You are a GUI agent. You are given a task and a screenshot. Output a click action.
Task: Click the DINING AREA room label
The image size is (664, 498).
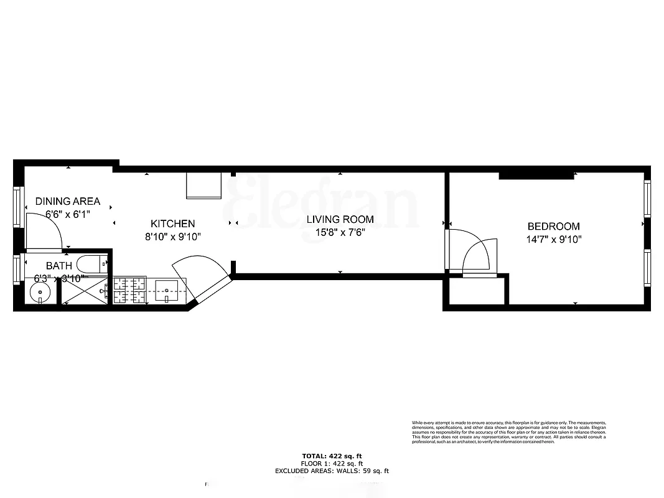coord(67,201)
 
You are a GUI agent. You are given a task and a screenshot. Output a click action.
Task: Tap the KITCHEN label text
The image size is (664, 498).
coord(172,223)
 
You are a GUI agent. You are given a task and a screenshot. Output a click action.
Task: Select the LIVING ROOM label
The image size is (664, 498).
coord(340,219)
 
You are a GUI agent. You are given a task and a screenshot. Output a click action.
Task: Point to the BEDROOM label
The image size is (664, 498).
coord(553,227)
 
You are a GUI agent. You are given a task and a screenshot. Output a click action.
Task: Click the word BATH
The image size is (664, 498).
coord(58,266)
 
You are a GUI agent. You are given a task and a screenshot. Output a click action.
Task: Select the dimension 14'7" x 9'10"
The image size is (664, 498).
coord(553,239)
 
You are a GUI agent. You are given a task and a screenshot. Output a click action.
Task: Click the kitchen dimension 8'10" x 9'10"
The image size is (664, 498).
coord(172,237)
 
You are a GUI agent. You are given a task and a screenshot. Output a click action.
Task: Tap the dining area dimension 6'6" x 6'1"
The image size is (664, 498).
coord(67,214)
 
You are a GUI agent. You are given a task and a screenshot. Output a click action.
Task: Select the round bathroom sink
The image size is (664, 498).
coord(41,291)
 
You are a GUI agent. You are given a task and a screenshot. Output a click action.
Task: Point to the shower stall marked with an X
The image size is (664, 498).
coord(84,291)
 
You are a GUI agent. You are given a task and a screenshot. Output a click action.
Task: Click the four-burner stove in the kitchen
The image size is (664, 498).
coord(129,290)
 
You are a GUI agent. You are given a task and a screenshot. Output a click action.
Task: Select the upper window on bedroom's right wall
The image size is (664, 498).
coord(647,198)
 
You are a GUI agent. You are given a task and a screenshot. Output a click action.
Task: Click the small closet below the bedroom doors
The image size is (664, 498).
coord(476,291)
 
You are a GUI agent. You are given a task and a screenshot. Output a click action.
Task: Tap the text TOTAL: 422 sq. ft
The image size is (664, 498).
coord(332,456)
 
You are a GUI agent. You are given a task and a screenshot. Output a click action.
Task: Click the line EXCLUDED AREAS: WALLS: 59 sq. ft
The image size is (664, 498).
coord(332,471)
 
